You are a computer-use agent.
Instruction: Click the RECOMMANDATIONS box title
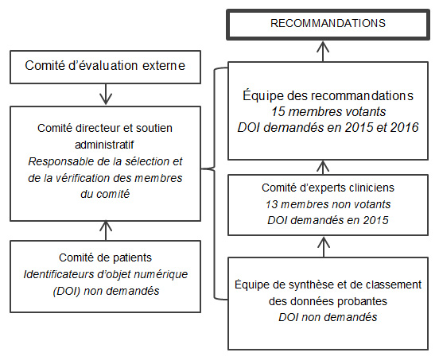tap(328, 23)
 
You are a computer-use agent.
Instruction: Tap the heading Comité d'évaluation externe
tap(105, 65)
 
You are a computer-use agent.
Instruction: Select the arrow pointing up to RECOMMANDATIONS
tap(323, 52)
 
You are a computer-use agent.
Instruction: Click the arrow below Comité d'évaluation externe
tap(106, 94)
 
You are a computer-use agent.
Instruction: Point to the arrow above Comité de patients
tap(106, 230)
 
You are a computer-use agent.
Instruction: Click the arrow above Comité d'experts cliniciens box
tap(324, 167)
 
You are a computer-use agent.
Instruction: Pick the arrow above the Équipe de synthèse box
tap(324, 246)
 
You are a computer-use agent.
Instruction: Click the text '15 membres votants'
tap(328, 111)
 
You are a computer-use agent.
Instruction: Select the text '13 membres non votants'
tap(328, 204)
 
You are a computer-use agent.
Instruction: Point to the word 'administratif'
tap(104, 145)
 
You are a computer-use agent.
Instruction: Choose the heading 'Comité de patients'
tap(105, 257)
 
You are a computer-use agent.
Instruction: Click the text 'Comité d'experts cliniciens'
tap(328, 188)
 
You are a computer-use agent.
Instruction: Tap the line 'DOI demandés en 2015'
tap(328, 220)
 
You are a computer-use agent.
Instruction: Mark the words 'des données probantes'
tap(328, 301)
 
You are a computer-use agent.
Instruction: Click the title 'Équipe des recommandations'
tap(328, 95)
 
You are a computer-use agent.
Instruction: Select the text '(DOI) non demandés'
tap(106, 291)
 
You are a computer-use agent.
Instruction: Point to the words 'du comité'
tap(105, 194)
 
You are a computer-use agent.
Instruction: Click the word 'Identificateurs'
tap(59, 274)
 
